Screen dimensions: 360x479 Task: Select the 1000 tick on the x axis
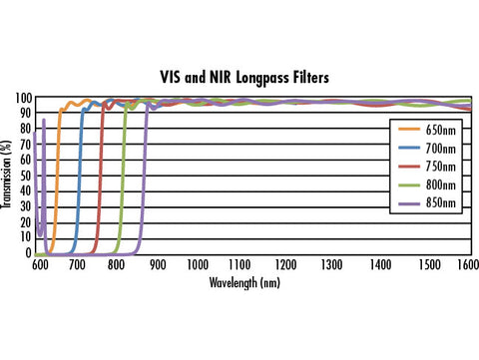coord(198,266)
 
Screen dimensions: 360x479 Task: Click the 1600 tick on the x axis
coord(462,266)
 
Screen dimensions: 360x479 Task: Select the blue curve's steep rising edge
coord(79,180)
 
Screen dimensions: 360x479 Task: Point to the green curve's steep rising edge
coord(123,180)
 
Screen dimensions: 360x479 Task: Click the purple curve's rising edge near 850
coord(144,180)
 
